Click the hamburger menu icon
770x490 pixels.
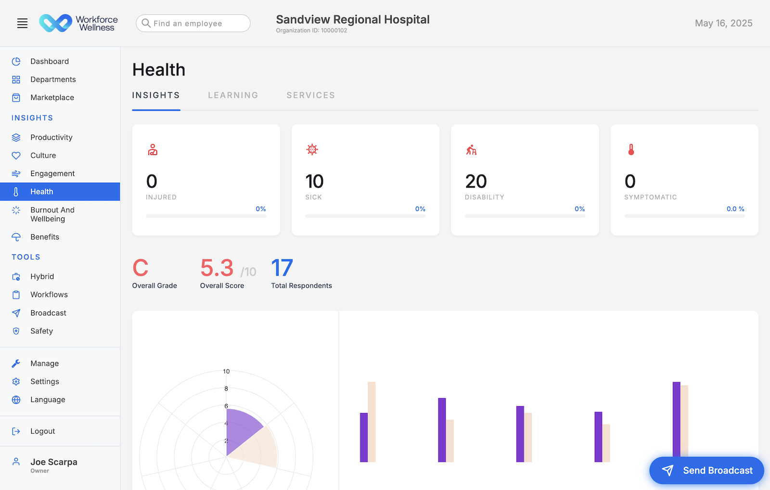[22, 23]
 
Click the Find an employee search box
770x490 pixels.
[193, 23]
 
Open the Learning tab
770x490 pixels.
[233, 95]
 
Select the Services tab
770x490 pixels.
[310, 95]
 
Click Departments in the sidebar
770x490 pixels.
[53, 79]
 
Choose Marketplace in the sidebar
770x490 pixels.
[52, 98]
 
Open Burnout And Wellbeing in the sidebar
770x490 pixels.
[52, 214]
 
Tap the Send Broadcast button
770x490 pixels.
[706, 470]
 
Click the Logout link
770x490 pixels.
[42, 431]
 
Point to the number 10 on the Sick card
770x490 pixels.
[314, 182]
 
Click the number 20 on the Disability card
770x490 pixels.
[476, 182]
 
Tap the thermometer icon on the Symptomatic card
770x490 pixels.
[631, 150]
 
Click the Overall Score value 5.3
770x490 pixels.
[217, 268]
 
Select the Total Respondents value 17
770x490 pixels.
[282, 268]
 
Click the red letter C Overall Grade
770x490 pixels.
[141, 268]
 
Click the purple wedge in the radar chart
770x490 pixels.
[241, 428]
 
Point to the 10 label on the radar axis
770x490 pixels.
[226, 371]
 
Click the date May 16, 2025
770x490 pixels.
[723, 23]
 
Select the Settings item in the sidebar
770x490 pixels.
[44, 382]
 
